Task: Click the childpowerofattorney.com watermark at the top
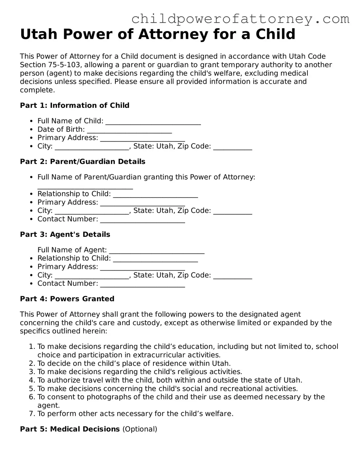click(x=240, y=19)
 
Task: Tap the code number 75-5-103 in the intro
click(x=64, y=65)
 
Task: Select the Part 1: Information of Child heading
click(x=75, y=106)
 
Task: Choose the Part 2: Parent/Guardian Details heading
click(x=83, y=162)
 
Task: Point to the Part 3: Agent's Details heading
click(x=65, y=234)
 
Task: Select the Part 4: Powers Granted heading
click(x=67, y=299)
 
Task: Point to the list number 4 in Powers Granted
click(x=32, y=380)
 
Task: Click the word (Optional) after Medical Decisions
click(x=140, y=429)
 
